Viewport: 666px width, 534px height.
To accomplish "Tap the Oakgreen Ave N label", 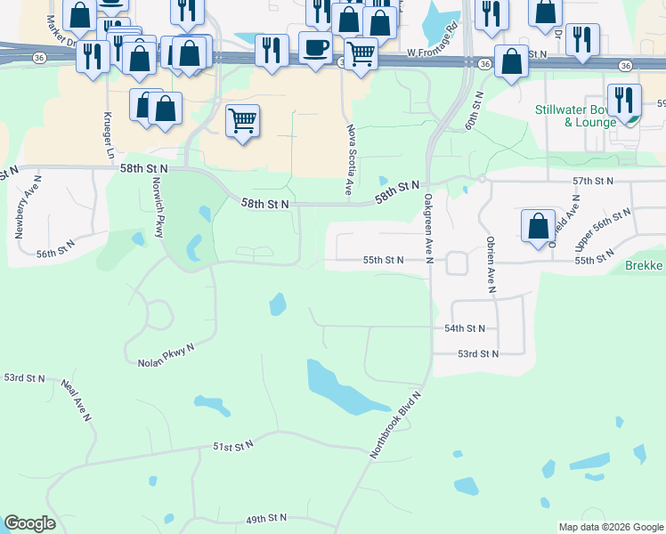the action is click(428, 229).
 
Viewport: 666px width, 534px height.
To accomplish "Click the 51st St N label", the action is click(233, 445).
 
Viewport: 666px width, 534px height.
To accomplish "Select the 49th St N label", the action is click(266, 518).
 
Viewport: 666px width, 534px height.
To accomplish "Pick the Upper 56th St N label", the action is click(603, 229).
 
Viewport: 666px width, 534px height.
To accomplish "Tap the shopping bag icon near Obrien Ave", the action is click(539, 226).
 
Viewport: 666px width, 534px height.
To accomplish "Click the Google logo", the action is click(29, 523).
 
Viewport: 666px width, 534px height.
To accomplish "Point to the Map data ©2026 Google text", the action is click(611, 527).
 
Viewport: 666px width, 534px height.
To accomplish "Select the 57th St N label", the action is click(594, 181).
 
